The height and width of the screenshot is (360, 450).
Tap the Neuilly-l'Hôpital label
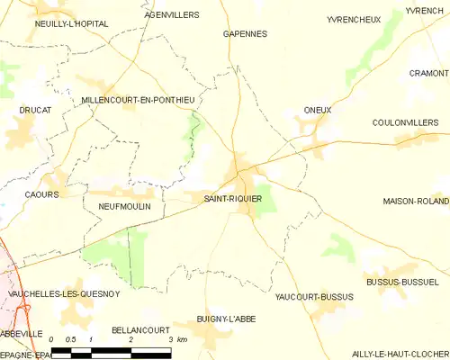pyautogui.click(x=71, y=24)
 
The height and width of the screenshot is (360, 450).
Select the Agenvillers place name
pyautogui.click(x=171, y=16)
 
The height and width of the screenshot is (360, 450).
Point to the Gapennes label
pyautogui.click(x=245, y=33)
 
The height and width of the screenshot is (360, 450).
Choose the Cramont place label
pyautogui.click(x=428, y=74)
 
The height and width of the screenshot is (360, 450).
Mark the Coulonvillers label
pyautogui.click(x=409, y=122)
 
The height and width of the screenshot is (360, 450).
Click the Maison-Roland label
pyautogui.click(x=415, y=201)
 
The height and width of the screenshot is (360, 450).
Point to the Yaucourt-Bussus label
pyautogui.click(x=314, y=296)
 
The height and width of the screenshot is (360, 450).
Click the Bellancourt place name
pyautogui.click(x=135, y=331)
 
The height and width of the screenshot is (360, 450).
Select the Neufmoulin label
pyautogui.click(x=123, y=206)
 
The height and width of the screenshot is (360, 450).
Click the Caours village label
pyautogui.click(x=42, y=194)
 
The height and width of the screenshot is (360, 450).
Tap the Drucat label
pyautogui.click(x=35, y=111)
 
